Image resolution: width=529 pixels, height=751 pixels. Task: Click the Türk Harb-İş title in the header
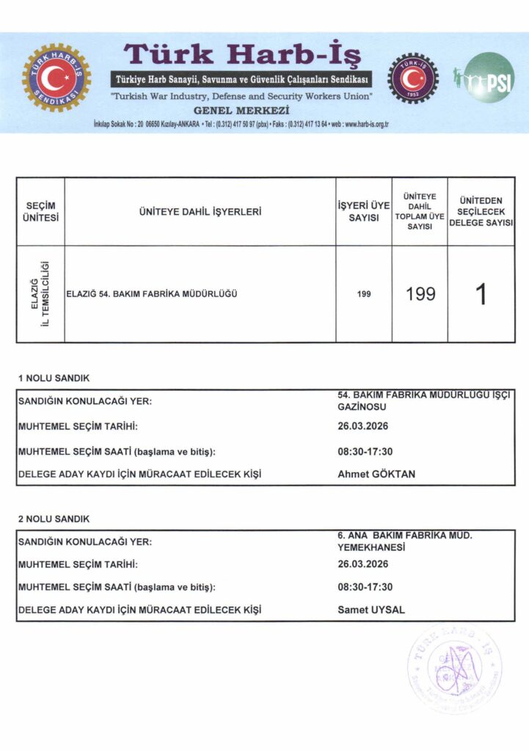241,54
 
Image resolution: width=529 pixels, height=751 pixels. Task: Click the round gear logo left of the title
56,78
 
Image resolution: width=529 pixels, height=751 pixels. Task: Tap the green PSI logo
489,78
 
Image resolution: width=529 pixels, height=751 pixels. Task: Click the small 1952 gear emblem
412,78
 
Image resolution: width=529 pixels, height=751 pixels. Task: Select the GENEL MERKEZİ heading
241,111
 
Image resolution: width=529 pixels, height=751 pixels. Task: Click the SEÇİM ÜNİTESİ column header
40,211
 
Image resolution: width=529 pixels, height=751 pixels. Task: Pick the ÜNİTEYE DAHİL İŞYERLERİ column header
200,212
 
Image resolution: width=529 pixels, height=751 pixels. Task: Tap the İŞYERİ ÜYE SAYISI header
363,212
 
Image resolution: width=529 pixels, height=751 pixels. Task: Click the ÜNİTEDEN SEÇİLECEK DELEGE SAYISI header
481,211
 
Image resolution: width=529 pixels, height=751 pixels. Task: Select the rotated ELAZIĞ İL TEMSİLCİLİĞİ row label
40,293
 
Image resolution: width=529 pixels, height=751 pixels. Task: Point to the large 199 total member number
420,294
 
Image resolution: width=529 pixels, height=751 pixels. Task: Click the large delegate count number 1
481,293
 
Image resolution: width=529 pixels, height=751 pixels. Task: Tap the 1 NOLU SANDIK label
54,378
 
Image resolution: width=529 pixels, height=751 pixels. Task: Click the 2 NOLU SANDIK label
54,519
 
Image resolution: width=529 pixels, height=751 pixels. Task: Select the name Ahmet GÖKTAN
376,474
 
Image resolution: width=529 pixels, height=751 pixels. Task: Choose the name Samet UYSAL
371,609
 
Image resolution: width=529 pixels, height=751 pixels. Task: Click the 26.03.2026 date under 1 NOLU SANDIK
362,426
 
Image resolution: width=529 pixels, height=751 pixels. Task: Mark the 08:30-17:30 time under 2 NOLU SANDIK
365,587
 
